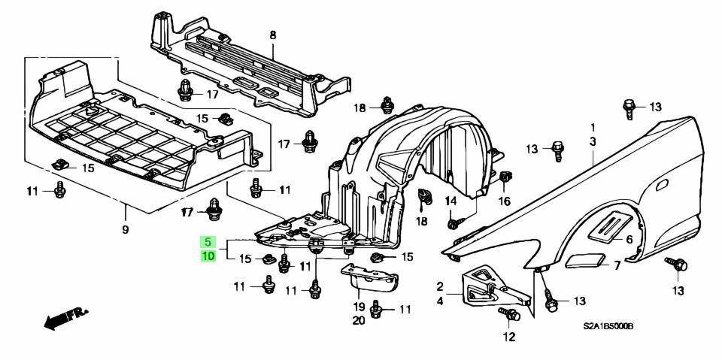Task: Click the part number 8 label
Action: coord(273,35)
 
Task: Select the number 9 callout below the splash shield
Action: coord(126,228)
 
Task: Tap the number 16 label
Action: coord(503,201)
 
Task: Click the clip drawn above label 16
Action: coord(504,178)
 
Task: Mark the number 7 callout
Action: coord(616,265)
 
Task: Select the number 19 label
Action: coord(359,307)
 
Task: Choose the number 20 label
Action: coord(359,321)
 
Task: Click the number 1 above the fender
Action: coord(593,127)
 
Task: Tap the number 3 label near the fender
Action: coord(593,141)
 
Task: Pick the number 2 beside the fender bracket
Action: coord(440,286)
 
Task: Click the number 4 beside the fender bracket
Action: coord(440,301)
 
